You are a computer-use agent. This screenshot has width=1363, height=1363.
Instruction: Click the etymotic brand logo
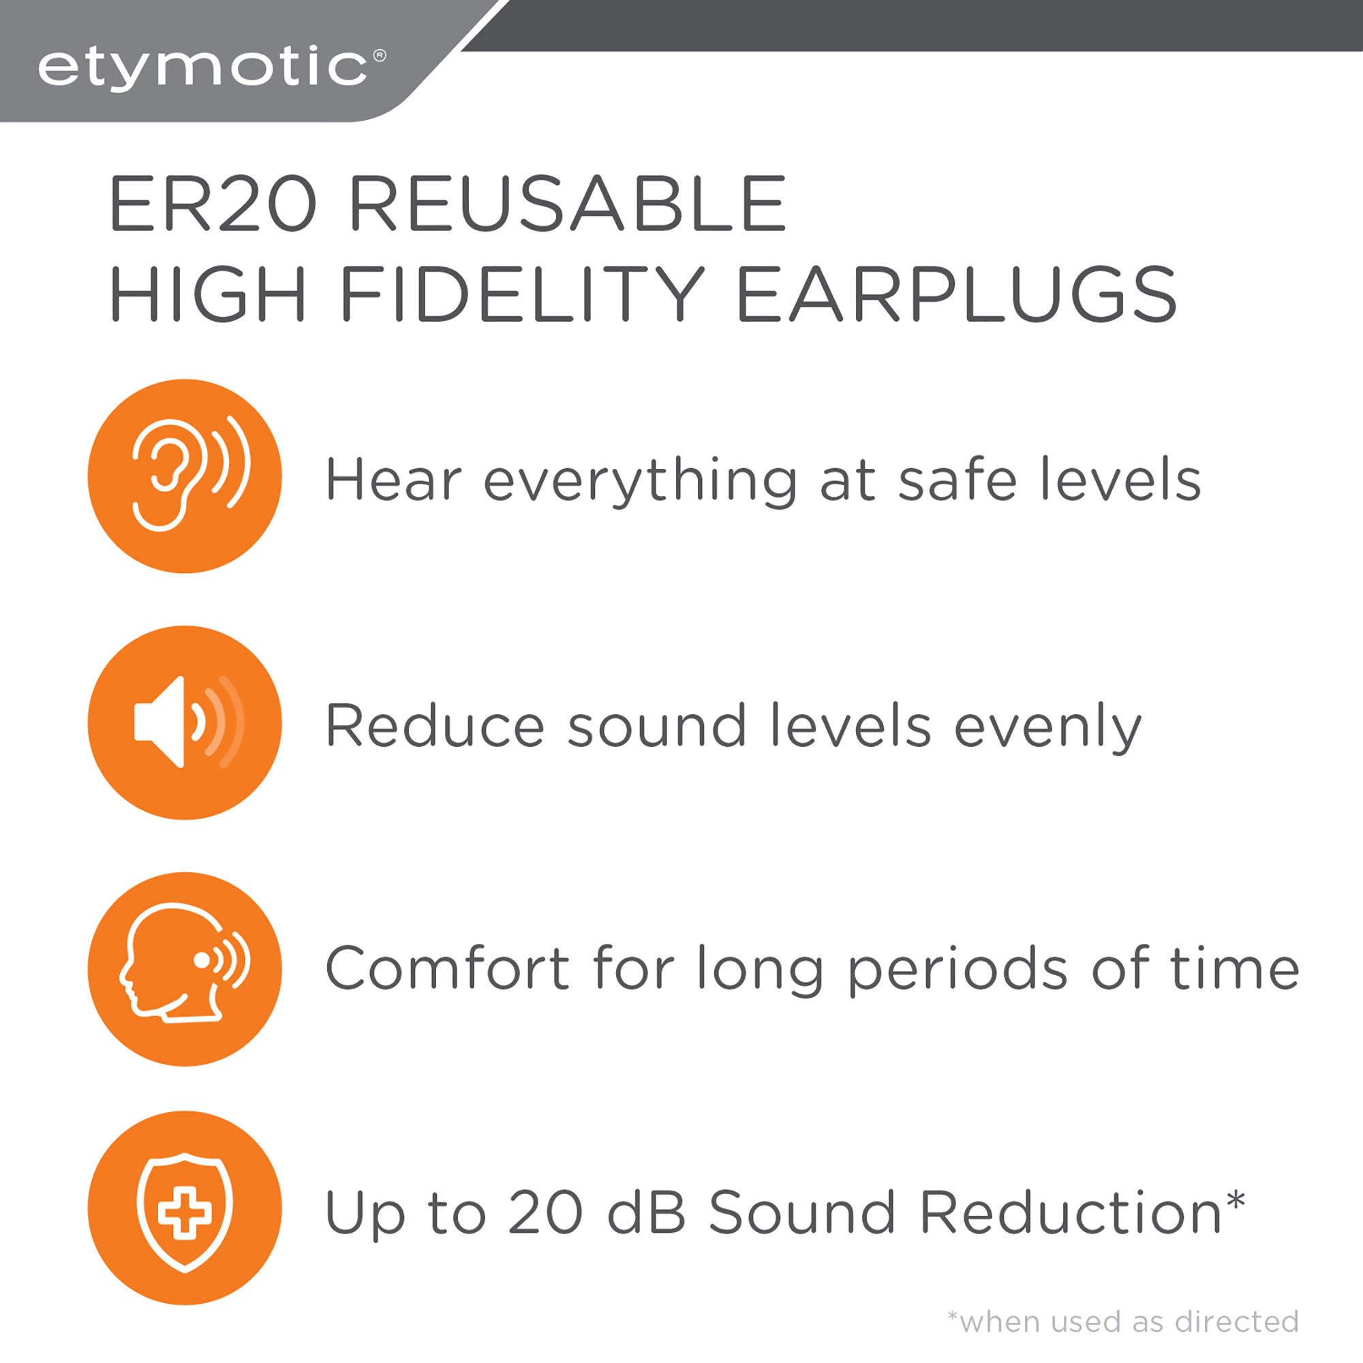[203, 68]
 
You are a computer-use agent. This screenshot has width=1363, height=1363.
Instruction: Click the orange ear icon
[185, 476]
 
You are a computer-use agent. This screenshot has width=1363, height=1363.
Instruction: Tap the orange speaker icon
[185, 722]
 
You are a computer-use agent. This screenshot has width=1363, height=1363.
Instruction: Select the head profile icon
[185, 968]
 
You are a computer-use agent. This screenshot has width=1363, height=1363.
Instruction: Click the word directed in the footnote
[1237, 1322]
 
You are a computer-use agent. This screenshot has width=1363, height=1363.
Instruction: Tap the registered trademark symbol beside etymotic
[379, 55]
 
